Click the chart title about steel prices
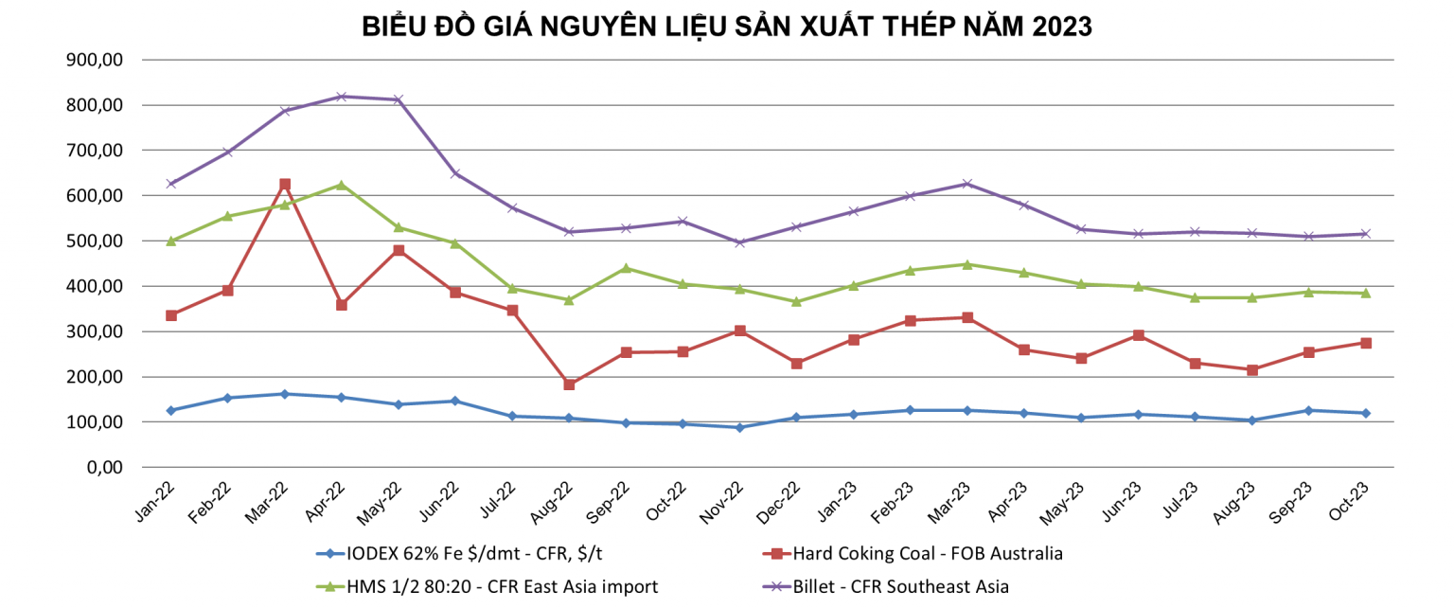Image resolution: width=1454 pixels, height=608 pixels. pyautogui.click(x=727, y=27)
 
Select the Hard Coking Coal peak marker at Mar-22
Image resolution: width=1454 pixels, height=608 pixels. pyautogui.click(x=285, y=185)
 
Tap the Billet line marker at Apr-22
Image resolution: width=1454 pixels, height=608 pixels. pyautogui.click(x=342, y=97)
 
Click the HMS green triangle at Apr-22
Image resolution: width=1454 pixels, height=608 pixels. pyautogui.click(x=342, y=185)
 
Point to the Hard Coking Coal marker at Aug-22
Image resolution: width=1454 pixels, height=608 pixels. pyautogui.click(x=569, y=384)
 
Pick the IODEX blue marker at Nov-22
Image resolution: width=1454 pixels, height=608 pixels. pyautogui.click(x=739, y=427)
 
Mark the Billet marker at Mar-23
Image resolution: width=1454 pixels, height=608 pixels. pyautogui.click(x=966, y=184)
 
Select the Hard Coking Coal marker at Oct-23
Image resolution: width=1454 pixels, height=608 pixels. pyautogui.click(x=1365, y=343)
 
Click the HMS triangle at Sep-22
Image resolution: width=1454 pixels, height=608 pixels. pyautogui.click(x=626, y=268)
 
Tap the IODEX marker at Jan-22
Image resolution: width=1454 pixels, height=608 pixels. pyautogui.click(x=171, y=410)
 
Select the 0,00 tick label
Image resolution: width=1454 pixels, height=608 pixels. pyautogui.click(x=104, y=467)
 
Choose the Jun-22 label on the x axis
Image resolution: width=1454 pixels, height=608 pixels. pyautogui.click(x=444, y=499)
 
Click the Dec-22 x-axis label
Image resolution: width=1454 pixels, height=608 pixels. pyautogui.click(x=785, y=499)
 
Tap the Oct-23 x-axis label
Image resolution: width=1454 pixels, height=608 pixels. pyautogui.click(x=1354, y=499)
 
